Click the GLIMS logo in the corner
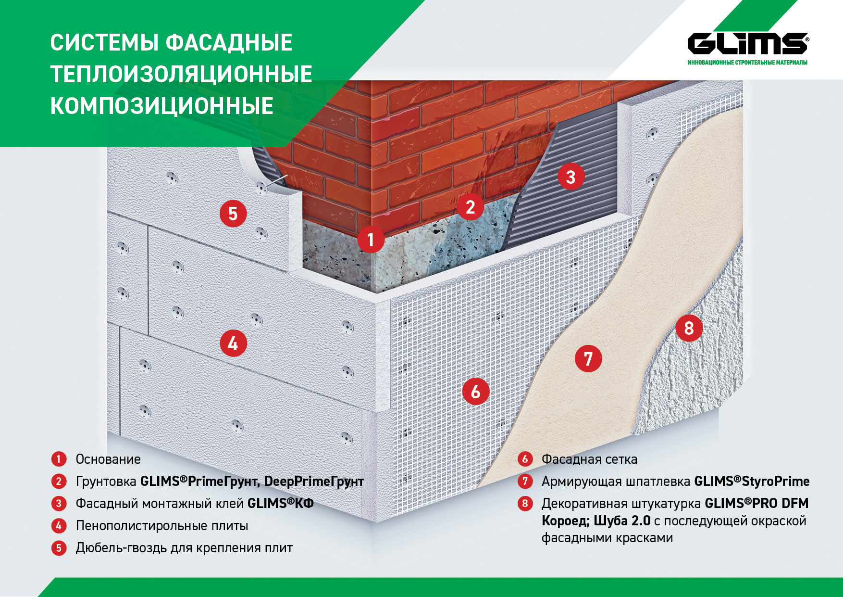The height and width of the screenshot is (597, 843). [747, 44]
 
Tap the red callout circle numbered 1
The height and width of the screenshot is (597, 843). [371, 240]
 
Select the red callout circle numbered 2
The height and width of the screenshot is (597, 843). [470, 207]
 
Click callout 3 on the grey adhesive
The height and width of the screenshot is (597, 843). [570, 177]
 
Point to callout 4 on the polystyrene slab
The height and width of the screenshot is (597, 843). [233, 343]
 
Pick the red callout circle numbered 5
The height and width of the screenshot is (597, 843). [233, 214]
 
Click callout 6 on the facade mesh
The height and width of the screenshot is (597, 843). [475, 391]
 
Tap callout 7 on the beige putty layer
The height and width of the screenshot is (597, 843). [588, 358]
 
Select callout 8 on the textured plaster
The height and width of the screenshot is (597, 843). [689, 328]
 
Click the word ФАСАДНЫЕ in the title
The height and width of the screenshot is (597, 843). [229, 43]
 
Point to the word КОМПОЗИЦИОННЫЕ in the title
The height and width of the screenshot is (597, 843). [162, 106]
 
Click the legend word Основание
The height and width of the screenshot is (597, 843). [108, 459]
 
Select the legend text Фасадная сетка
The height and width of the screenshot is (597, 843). [589, 459]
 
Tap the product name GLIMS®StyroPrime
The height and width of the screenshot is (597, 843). [752, 482]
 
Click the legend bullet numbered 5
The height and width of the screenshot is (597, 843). [59, 548]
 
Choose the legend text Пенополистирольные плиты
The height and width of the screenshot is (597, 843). [162, 526]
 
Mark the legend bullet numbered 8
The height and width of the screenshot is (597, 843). [525, 504]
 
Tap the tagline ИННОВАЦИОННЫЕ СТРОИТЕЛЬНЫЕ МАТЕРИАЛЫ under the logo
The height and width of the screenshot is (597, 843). [747, 63]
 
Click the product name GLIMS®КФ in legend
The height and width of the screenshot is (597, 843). [280, 504]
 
